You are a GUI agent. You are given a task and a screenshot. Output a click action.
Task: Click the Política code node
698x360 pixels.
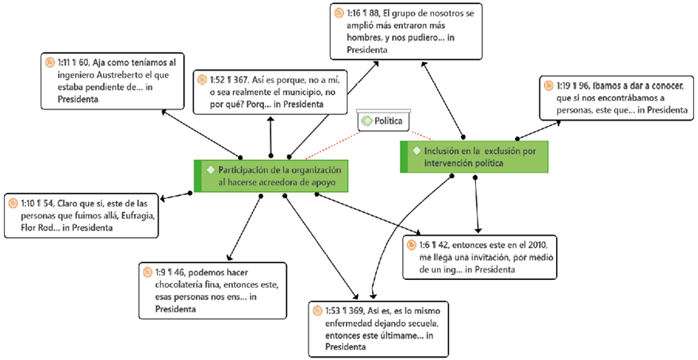pyautogui.click(x=383, y=121)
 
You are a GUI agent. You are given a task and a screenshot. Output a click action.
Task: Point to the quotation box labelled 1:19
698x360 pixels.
pyautogui.click(x=614, y=98)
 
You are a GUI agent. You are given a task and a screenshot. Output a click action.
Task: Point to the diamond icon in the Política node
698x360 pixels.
pyautogui.click(x=366, y=121)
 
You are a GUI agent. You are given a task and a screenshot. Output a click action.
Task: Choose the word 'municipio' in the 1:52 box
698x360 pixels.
pyautogui.click(x=294, y=91)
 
